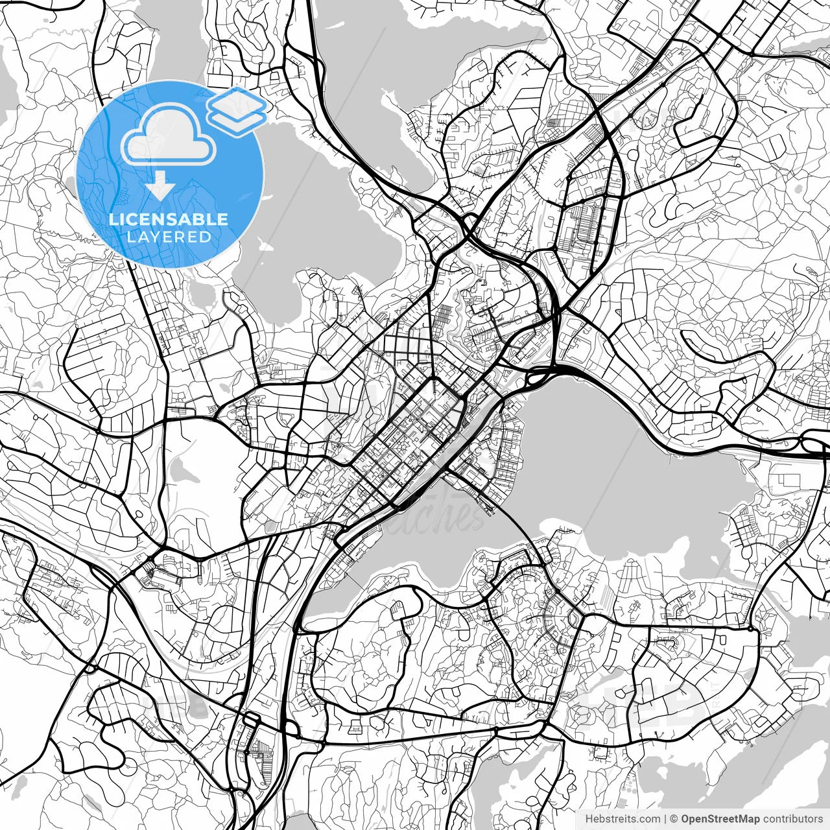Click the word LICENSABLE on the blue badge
click(x=169, y=219)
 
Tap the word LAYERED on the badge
click(x=169, y=237)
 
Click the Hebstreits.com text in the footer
click(x=622, y=819)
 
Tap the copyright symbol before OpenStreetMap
click(x=674, y=819)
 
